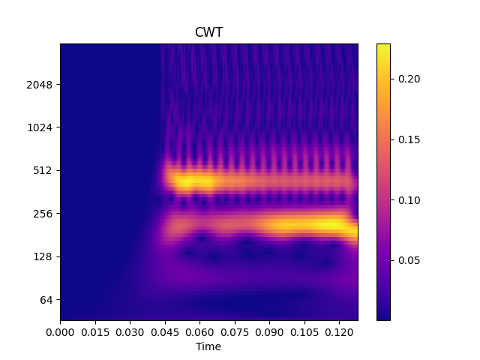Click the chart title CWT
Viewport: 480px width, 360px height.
pos(208,32)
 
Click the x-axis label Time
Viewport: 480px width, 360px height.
pos(208,346)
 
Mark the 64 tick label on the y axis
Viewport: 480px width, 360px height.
pos(46,300)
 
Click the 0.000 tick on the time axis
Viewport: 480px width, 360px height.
pos(60,331)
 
